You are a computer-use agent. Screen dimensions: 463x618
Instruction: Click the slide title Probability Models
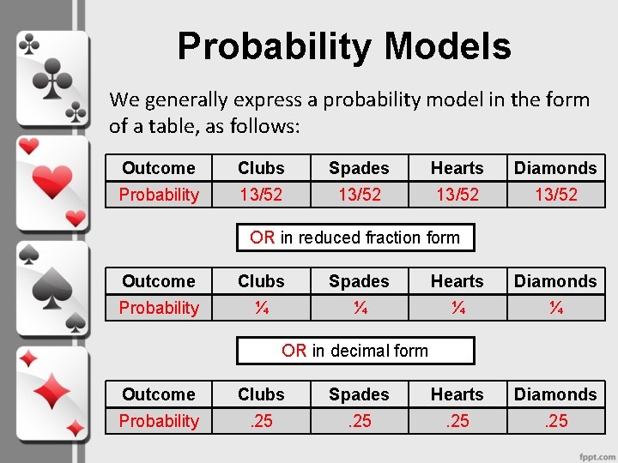343,46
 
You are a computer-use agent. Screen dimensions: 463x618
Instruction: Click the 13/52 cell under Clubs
261,195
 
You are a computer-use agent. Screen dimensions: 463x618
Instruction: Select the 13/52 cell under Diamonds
555,195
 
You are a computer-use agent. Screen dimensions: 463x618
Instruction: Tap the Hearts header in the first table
457,168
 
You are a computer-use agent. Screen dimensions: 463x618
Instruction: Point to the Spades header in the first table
359,168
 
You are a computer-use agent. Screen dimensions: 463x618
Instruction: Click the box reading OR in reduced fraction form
355,238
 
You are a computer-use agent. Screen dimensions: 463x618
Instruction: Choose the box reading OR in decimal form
355,350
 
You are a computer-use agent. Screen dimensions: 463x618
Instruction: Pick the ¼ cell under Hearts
457,308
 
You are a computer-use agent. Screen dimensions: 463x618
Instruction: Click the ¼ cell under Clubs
261,308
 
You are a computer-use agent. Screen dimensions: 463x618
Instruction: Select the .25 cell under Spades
359,421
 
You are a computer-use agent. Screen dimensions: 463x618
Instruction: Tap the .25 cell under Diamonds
555,421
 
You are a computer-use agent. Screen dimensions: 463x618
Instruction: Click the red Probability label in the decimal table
159,421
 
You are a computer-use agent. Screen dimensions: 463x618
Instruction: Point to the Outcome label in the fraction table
159,281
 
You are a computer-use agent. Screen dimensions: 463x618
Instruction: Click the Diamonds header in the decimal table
555,394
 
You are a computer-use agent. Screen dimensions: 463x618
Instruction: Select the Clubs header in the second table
261,281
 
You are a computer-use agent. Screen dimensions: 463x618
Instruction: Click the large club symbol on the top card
52,79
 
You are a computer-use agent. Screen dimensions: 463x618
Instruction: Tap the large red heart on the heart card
52,182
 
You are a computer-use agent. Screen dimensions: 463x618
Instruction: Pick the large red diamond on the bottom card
52,393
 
